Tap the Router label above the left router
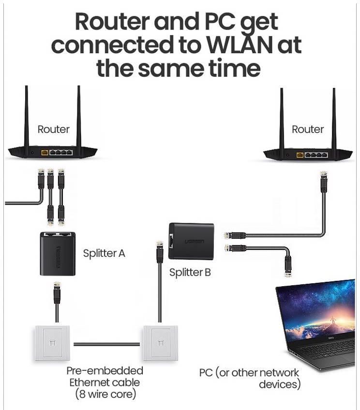(x=54, y=129)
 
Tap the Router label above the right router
(x=308, y=129)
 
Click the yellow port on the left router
(x=45, y=152)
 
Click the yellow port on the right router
(x=300, y=155)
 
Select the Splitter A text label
(x=104, y=253)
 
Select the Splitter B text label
(x=190, y=272)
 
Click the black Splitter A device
(x=58, y=254)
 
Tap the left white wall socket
(x=52, y=343)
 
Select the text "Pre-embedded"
(x=105, y=370)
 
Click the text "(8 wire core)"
(x=105, y=394)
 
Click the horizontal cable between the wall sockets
(x=106, y=344)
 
